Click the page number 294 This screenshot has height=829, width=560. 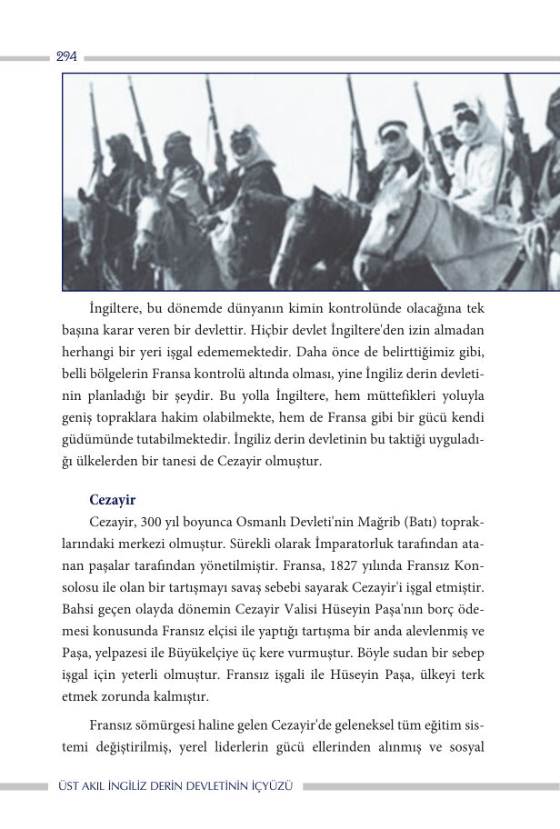click(66, 56)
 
